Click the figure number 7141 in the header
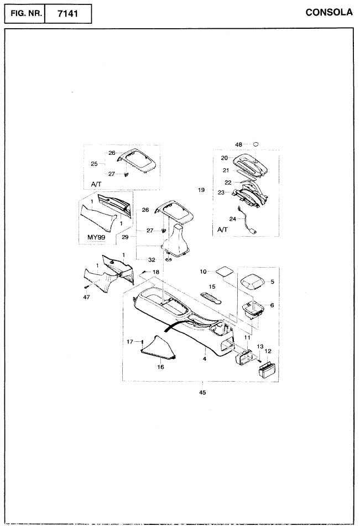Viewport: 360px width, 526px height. pos(68,14)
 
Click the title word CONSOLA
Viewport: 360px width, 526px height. pos(329,12)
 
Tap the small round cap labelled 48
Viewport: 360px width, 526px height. pos(255,144)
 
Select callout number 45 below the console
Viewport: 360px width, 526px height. pos(202,393)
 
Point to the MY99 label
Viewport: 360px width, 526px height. pos(96,237)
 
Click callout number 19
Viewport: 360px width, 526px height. pos(201,190)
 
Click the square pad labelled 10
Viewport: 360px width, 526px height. pos(225,271)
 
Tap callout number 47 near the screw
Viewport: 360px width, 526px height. pos(87,297)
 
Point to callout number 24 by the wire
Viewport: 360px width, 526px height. pos(232,219)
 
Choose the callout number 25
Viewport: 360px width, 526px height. pos(94,164)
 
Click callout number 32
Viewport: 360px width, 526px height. pos(152,259)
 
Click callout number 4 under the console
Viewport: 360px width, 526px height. pos(205,359)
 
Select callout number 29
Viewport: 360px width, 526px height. pos(125,237)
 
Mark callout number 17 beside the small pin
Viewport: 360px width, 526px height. pos(130,342)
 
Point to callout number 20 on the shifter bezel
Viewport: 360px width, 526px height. pos(225,158)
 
